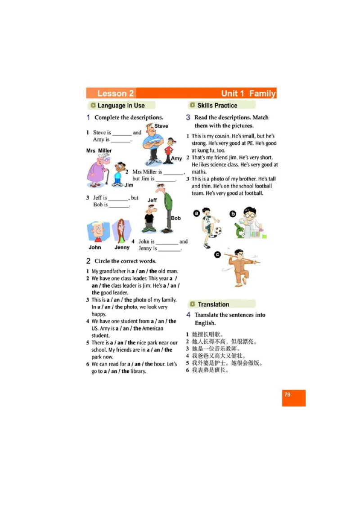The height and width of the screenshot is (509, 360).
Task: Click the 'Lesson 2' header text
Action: [x=115, y=94]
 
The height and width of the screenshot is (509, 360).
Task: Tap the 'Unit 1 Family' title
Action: [x=248, y=94]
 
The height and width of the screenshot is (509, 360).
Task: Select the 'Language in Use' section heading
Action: [x=121, y=106]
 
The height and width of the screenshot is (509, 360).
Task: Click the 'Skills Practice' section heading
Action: [x=217, y=106]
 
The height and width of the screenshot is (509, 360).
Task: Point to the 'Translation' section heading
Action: [x=213, y=304]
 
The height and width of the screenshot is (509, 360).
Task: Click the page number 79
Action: [x=287, y=395]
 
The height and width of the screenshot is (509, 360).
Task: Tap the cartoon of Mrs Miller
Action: [x=97, y=170]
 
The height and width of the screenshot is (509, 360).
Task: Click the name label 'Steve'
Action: [x=161, y=126]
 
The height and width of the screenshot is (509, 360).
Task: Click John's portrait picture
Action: [x=96, y=231]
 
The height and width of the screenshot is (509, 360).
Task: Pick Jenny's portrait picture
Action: [x=121, y=231]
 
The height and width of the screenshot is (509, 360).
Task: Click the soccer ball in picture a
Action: [x=218, y=232]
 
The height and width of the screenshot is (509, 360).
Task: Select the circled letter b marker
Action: [x=233, y=214]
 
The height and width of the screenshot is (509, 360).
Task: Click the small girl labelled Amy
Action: [x=169, y=148]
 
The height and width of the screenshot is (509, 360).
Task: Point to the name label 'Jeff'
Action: [x=152, y=200]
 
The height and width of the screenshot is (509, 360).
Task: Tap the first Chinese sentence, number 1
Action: [x=207, y=335]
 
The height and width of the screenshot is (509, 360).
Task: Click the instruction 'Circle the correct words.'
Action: [x=125, y=261]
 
